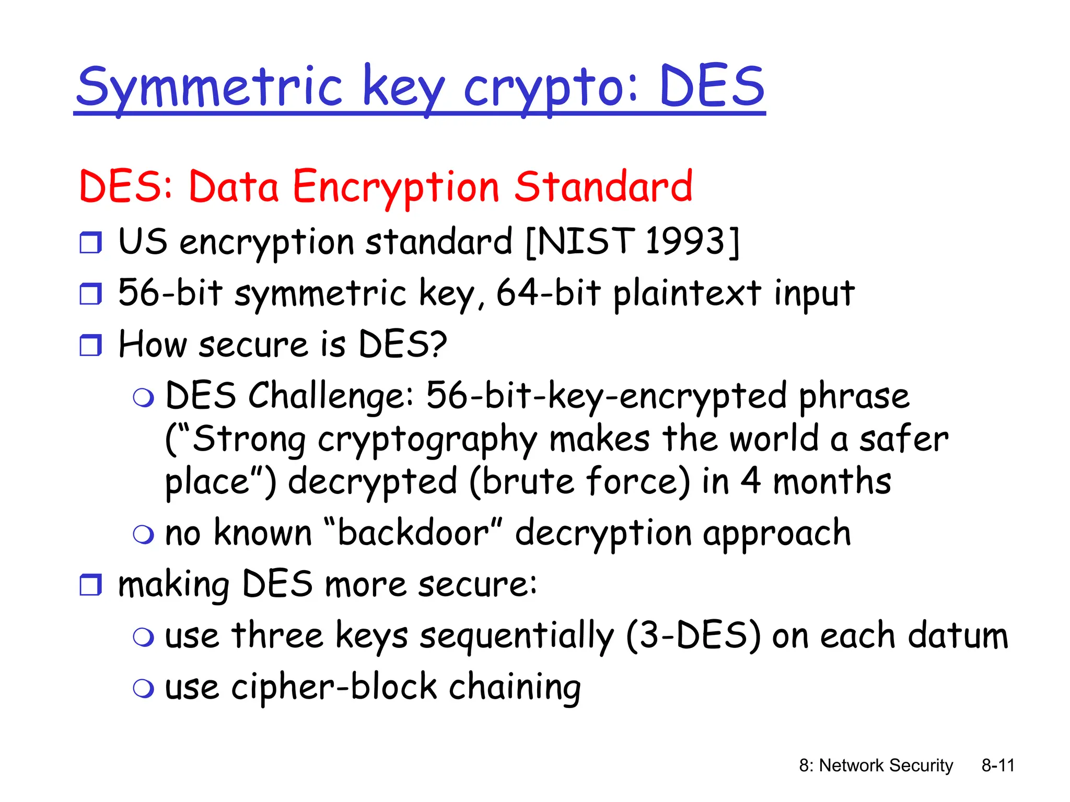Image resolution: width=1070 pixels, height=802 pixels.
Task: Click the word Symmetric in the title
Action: pyautogui.click(x=209, y=88)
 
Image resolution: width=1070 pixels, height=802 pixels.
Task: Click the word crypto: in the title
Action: pyautogui.click(x=551, y=88)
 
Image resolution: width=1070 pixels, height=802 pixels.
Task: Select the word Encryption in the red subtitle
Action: pyautogui.click(x=396, y=188)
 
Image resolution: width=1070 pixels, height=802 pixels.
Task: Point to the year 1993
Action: pyautogui.click(x=685, y=241)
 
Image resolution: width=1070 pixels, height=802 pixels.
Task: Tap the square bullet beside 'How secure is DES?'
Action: pyautogui.click(x=90, y=345)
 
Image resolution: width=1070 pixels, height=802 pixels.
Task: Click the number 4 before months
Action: pyautogui.click(x=751, y=481)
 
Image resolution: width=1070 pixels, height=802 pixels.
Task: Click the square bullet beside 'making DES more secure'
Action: pyautogui.click(x=90, y=584)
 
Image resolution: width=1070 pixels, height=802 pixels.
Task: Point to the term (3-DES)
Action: pyautogui.click(x=693, y=635)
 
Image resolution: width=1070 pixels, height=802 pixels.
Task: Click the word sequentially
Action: pyautogui.click(x=517, y=636)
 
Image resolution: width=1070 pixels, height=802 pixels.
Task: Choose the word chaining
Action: pyautogui.click(x=515, y=687)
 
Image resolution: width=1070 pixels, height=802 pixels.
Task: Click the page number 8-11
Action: pyautogui.click(x=997, y=765)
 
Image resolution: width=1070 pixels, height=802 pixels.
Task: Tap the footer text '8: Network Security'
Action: pyautogui.click(x=876, y=765)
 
